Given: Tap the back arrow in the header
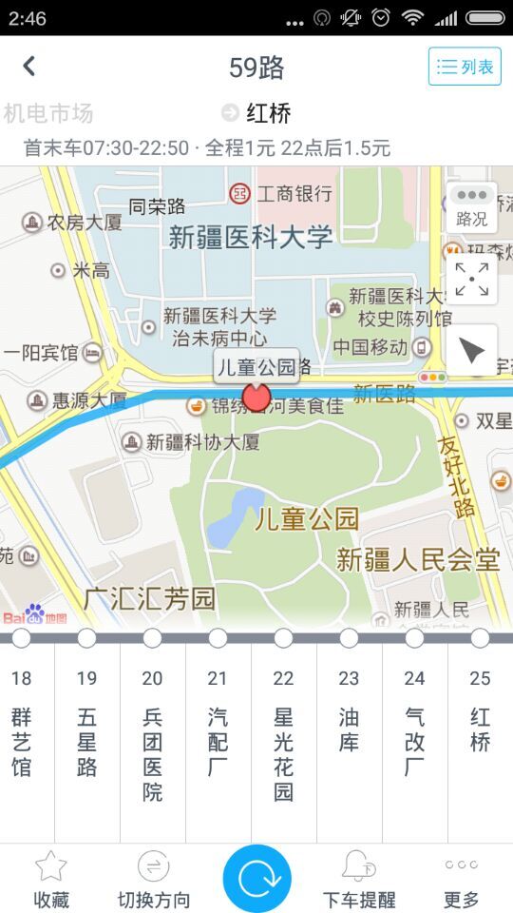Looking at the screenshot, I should pyautogui.click(x=29, y=66).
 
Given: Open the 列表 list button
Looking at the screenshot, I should pyautogui.click(x=465, y=67).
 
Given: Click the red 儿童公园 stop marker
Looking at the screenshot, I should pyautogui.click(x=256, y=396).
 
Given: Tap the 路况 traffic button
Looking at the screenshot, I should pyautogui.click(x=471, y=206).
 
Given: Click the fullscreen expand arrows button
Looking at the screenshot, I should pyautogui.click(x=471, y=279).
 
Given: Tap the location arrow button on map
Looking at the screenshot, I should pyautogui.click(x=471, y=351).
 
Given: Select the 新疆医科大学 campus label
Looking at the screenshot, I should pyautogui.click(x=251, y=237).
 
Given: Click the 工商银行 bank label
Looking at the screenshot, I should pyautogui.click(x=282, y=194).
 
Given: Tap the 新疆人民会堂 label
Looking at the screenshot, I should pyautogui.click(x=418, y=559).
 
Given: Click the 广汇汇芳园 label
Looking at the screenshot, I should pyautogui.click(x=149, y=599).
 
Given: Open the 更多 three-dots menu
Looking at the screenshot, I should pyautogui.click(x=461, y=865).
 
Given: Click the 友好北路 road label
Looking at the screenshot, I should pyautogui.click(x=458, y=476).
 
